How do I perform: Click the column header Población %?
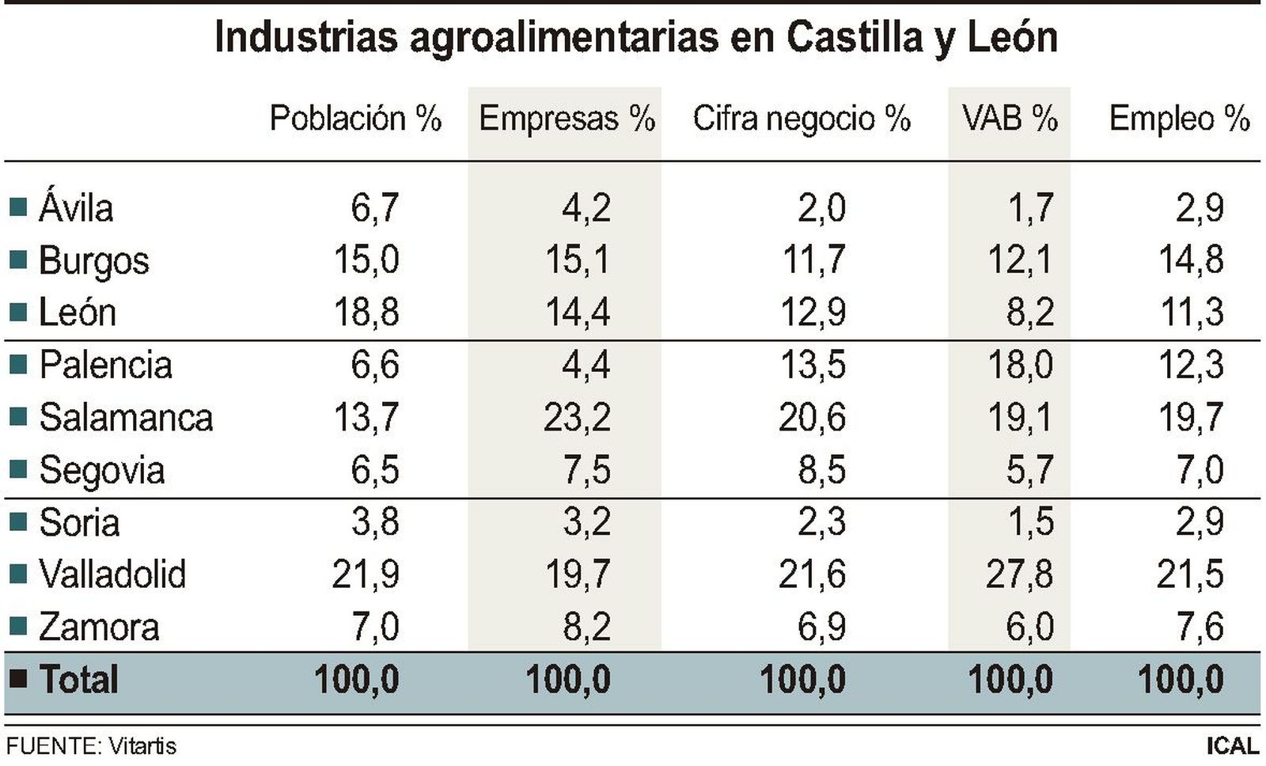coord(355,119)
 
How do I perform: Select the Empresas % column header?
coord(567,119)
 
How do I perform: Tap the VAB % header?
coord(1010,119)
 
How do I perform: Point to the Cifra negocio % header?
coord(802,119)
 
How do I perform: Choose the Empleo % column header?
coord(1179,119)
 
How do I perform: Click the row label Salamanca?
coord(126,417)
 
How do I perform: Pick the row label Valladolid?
coord(112,574)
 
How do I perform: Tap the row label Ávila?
coord(76,208)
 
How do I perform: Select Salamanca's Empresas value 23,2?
coord(577,417)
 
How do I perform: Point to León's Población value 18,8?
coord(366,312)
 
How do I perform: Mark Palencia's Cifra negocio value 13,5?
coord(813,365)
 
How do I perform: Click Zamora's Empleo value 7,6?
coord(1200,627)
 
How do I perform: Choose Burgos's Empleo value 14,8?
coord(1191,260)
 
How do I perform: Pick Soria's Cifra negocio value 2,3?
coord(822,522)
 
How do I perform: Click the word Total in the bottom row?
coord(78,680)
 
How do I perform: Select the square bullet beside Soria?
coord(17,522)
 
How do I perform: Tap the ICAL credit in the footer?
coord(1232,745)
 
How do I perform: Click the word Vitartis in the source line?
coord(142,746)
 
